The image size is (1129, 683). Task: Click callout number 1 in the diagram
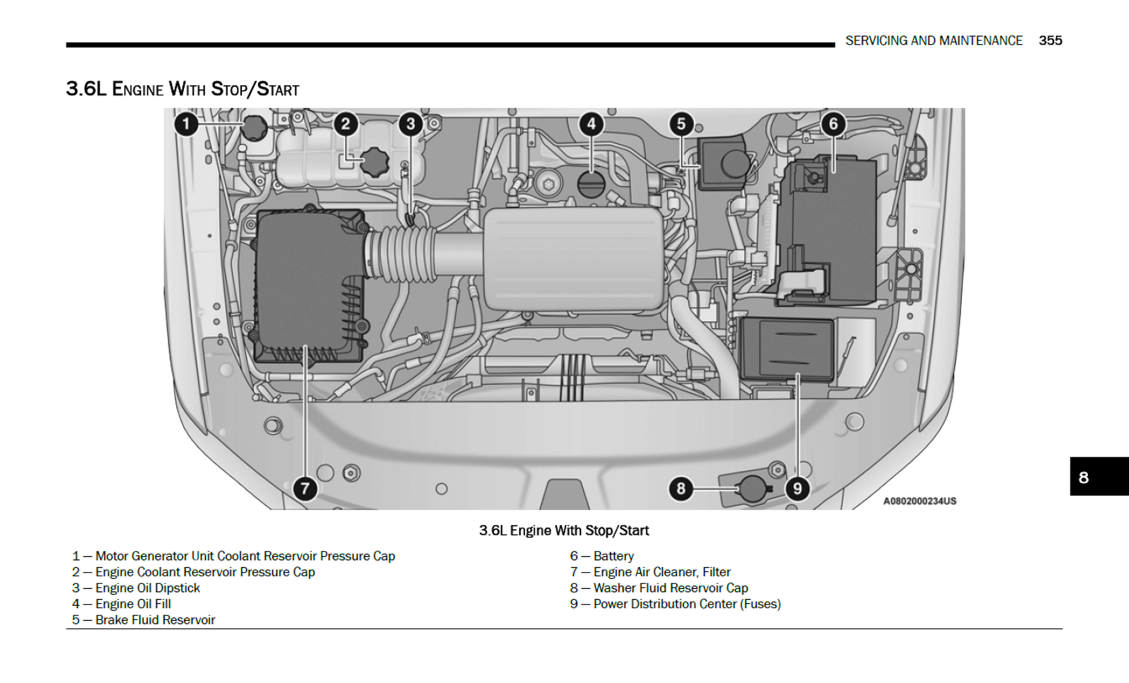[186, 124]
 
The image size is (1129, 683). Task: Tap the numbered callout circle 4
[591, 124]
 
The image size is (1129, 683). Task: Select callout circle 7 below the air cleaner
[305, 489]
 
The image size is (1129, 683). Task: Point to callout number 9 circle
[797, 489]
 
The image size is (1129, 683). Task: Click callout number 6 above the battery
[833, 124]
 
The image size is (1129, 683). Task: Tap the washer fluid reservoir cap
[752, 488]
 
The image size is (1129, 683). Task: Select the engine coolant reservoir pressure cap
[375, 162]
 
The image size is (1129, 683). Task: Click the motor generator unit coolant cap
[254, 128]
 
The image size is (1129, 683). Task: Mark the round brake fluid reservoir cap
[734, 163]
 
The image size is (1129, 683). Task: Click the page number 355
[1050, 41]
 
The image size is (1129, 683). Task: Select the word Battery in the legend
[613, 556]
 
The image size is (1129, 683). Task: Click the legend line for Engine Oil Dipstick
[136, 588]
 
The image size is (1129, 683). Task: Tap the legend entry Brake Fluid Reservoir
[144, 620]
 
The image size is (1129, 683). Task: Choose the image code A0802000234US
[919, 501]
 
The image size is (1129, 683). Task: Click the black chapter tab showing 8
[1098, 477]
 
